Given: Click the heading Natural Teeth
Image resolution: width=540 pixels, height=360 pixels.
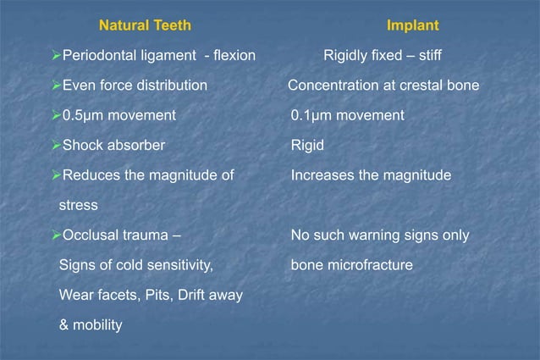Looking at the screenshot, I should point(146,26).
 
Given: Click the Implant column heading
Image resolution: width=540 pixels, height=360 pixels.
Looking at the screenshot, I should point(412,26).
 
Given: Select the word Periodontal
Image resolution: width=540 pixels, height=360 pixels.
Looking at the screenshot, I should point(102,57).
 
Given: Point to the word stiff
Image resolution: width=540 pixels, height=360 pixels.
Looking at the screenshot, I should point(427,57).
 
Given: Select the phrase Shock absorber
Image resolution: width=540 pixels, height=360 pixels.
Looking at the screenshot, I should point(113,145).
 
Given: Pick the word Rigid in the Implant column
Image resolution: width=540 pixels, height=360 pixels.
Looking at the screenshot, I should point(307,145).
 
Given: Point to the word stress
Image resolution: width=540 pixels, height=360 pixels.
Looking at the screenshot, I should point(78,205).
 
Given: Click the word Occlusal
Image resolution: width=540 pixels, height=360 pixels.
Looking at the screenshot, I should point(91,235).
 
